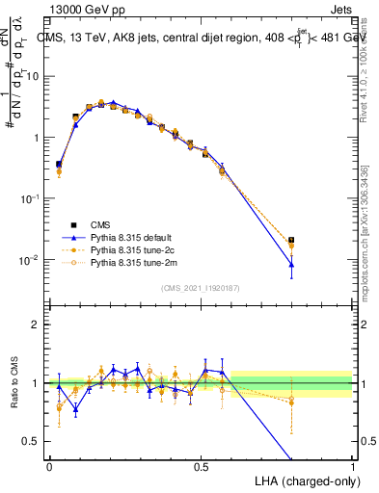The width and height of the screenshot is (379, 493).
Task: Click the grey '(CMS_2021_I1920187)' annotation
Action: click(x=201, y=286)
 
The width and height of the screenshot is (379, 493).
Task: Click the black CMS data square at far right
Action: click(x=291, y=240)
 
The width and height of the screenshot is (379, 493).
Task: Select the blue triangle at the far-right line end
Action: click(x=291, y=264)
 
